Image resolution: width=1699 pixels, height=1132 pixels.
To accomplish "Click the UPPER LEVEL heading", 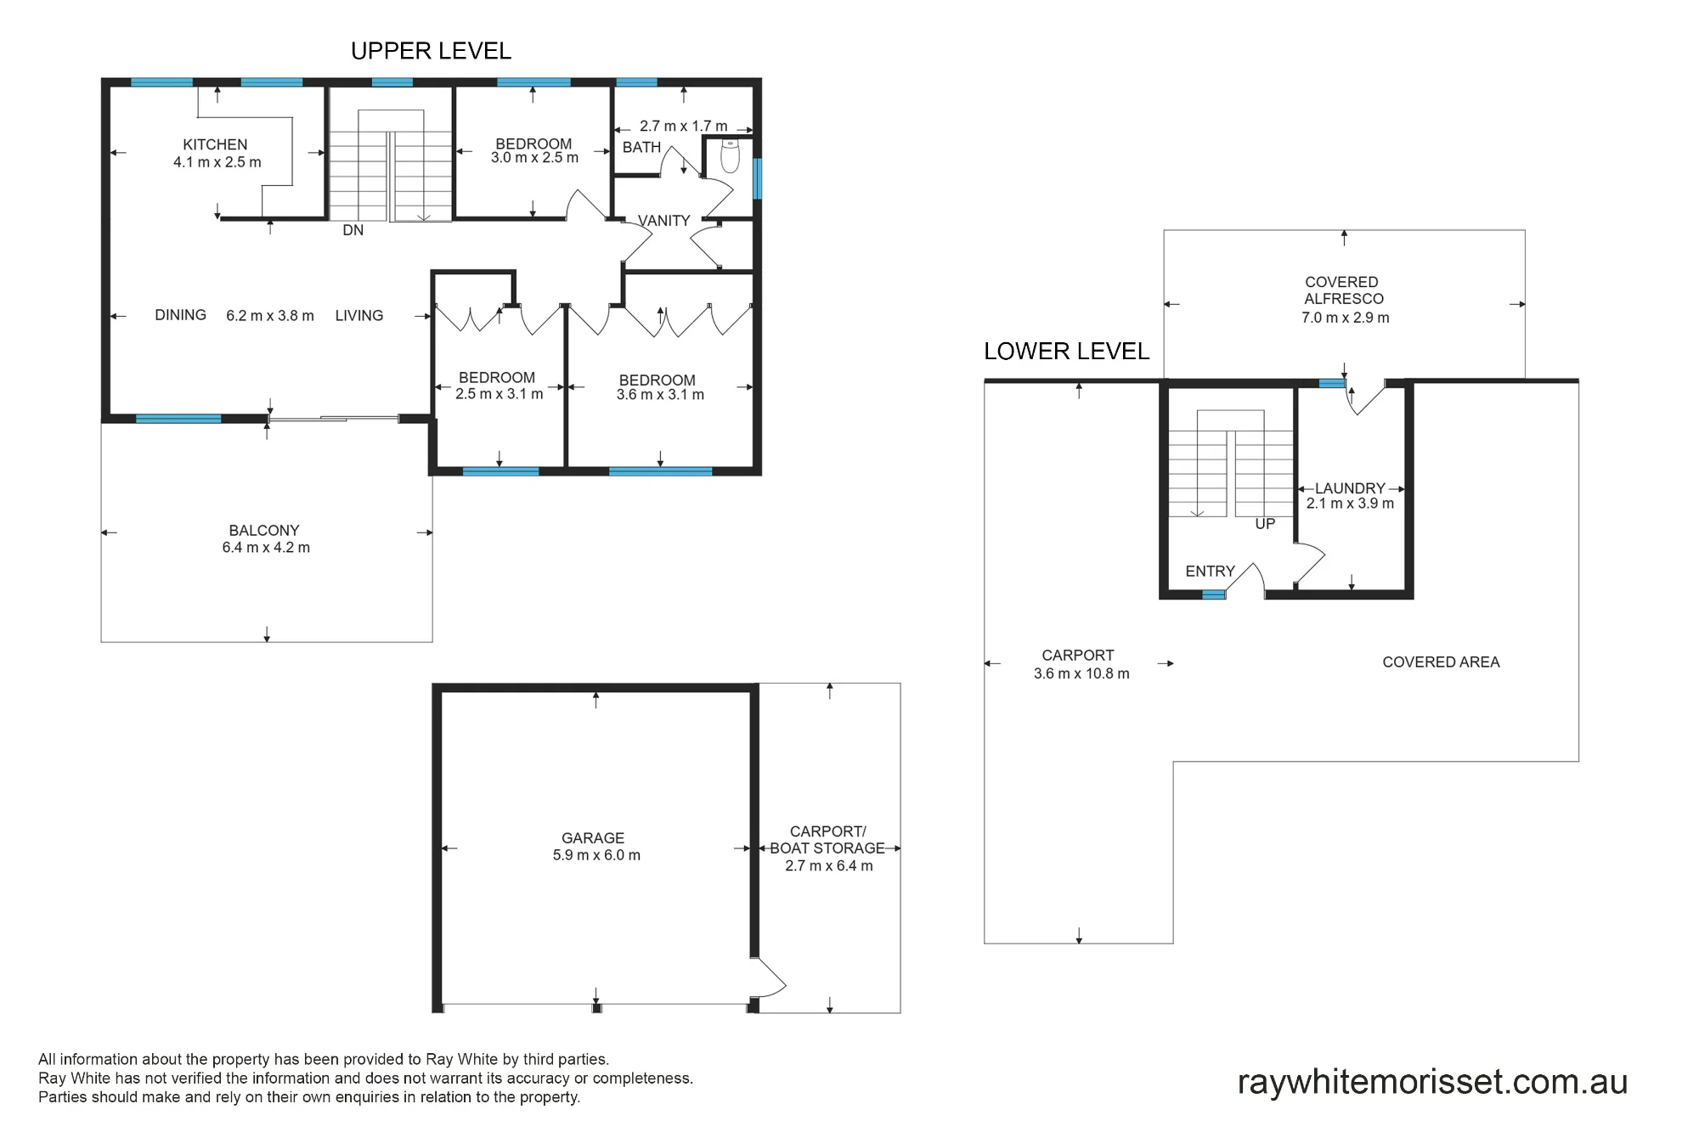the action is click(x=431, y=51).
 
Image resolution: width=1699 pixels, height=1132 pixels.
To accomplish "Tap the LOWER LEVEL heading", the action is click(x=1066, y=351).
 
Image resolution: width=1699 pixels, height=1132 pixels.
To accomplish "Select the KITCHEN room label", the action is click(x=215, y=144).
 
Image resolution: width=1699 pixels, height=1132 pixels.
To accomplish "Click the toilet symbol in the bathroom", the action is click(x=730, y=155).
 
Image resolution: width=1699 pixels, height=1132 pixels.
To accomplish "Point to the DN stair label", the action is click(x=353, y=230).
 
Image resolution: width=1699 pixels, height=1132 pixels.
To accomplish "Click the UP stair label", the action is click(x=1265, y=524).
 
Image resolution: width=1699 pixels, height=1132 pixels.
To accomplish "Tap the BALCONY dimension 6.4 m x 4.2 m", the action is click(x=266, y=548).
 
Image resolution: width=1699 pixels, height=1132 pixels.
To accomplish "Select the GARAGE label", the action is click(x=593, y=838).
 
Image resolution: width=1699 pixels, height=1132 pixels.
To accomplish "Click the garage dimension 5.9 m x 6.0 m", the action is click(x=596, y=855).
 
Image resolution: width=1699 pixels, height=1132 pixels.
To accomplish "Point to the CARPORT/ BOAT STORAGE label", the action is click(x=827, y=840).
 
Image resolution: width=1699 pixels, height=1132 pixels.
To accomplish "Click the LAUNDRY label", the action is click(x=1350, y=488).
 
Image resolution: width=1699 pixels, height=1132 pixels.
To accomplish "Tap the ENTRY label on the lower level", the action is click(x=1210, y=572).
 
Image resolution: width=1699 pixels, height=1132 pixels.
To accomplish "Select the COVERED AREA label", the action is click(x=1441, y=662).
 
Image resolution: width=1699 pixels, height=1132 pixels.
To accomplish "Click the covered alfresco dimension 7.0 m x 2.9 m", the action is click(x=1346, y=318).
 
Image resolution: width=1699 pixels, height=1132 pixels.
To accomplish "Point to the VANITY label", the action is click(x=663, y=221).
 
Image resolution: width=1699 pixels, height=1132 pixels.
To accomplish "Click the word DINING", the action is click(x=180, y=315).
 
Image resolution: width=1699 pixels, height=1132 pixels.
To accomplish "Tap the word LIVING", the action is click(x=358, y=316).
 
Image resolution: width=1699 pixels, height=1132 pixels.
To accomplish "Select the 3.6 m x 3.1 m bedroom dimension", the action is click(x=660, y=395).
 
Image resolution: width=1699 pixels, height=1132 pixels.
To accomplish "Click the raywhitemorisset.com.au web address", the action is click(x=1432, y=1082).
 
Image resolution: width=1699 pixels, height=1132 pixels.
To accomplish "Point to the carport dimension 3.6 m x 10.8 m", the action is click(x=1081, y=673).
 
